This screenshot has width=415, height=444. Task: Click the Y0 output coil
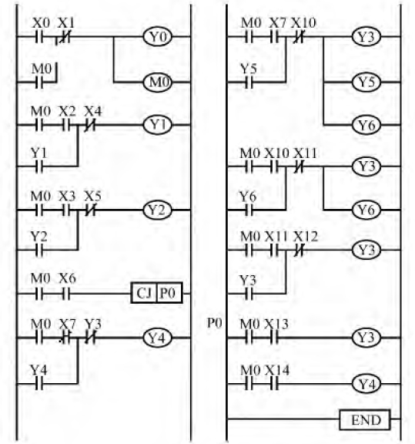(x=157, y=37)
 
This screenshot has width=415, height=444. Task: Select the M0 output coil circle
(x=157, y=82)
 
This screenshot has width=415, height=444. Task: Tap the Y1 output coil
(x=157, y=125)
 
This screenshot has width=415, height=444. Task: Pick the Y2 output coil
(x=157, y=210)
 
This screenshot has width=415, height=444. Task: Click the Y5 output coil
(x=366, y=82)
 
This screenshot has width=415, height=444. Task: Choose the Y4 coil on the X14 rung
(x=366, y=384)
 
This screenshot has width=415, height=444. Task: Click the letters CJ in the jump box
(x=144, y=293)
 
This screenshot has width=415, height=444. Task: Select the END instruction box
(x=365, y=419)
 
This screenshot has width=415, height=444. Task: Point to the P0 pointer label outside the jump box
(x=215, y=323)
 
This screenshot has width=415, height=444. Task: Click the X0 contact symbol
(x=39, y=37)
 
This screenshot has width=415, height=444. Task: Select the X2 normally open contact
(x=66, y=125)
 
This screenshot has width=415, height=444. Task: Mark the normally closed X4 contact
(x=91, y=125)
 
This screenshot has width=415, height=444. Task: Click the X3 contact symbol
(x=66, y=210)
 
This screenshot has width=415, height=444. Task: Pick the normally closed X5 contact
(x=91, y=210)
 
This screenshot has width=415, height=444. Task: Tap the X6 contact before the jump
(x=66, y=294)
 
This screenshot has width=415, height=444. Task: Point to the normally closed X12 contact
(x=299, y=251)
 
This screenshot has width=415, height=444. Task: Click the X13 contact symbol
(x=274, y=338)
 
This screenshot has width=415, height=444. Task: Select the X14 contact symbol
(x=274, y=384)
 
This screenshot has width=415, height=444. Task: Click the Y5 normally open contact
(x=249, y=82)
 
